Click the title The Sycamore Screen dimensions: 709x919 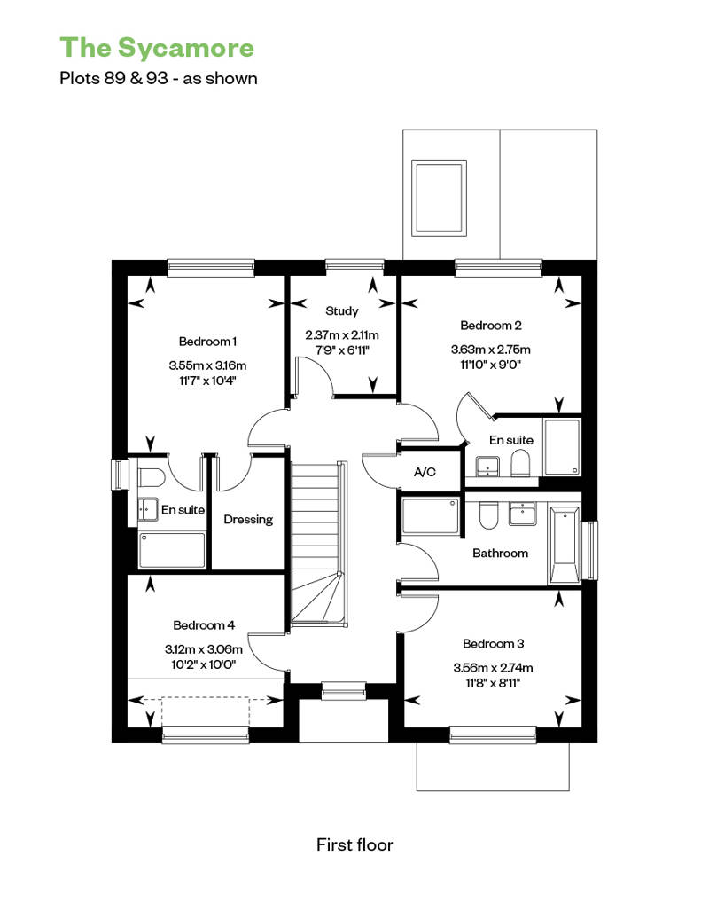coord(157,48)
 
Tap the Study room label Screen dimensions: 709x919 coord(342,311)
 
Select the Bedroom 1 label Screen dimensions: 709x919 coord(207,342)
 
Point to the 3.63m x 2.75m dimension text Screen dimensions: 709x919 coord(491,350)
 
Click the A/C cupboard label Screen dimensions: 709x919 coord(425,472)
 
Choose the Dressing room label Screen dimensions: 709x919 coord(248,519)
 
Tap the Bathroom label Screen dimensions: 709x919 coord(500,553)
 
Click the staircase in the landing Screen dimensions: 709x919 coord(318,544)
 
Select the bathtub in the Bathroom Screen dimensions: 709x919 coord(565,546)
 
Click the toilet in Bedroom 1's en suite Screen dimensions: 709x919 coord(151,477)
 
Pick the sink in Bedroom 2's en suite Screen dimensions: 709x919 coord(487,467)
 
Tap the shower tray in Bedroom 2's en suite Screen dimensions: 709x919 coord(562,446)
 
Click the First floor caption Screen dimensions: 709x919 coord(354,844)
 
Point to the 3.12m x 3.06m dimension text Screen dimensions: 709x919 coord(204,649)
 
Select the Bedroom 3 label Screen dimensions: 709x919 coord(493,643)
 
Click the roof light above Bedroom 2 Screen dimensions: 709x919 coord(439,198)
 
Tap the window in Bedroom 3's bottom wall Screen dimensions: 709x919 coord(493,735)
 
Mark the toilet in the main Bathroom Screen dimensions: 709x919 coord(487,514)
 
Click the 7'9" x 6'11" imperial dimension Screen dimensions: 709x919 coord(342,350)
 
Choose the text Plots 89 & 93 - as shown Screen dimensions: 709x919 coord(159,79)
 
